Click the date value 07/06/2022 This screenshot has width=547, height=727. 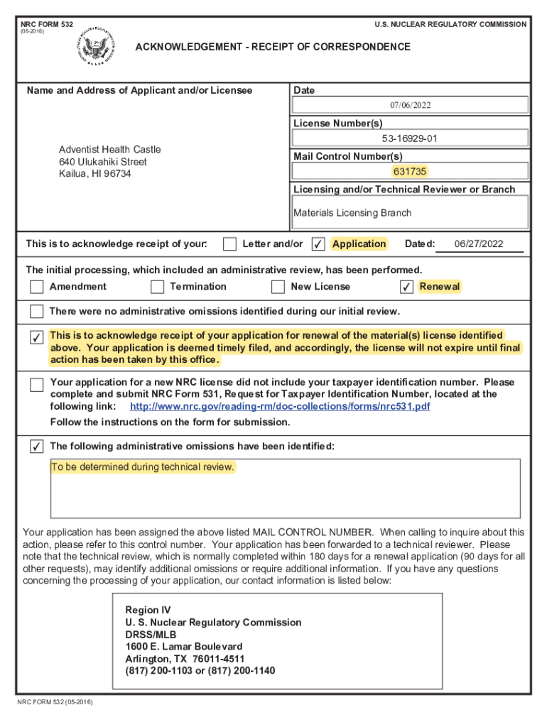coord(410,105)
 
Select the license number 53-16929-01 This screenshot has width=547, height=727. coord(410,138)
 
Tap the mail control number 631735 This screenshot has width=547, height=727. coord(410,171)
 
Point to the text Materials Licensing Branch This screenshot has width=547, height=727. coord(352,212)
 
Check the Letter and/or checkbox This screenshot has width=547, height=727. coord(229,244)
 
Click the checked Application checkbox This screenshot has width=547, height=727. coord(318,244)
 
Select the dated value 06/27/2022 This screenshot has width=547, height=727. coord(478,244)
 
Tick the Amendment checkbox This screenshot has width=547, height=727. coord(36,287)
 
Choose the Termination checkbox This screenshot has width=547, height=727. coord(157,287)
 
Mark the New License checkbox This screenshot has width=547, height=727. coord(278,287)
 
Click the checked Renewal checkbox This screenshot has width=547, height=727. coord(406,287)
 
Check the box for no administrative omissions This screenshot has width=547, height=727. coord(36,312)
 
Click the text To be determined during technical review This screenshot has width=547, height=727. coord(142,466)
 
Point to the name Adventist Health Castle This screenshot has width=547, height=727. coord(109,149)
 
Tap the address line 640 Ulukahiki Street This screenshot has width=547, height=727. coord(103,161)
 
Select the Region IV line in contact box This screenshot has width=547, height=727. coord(148,610)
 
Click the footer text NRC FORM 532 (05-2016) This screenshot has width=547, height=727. coord(55,702)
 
